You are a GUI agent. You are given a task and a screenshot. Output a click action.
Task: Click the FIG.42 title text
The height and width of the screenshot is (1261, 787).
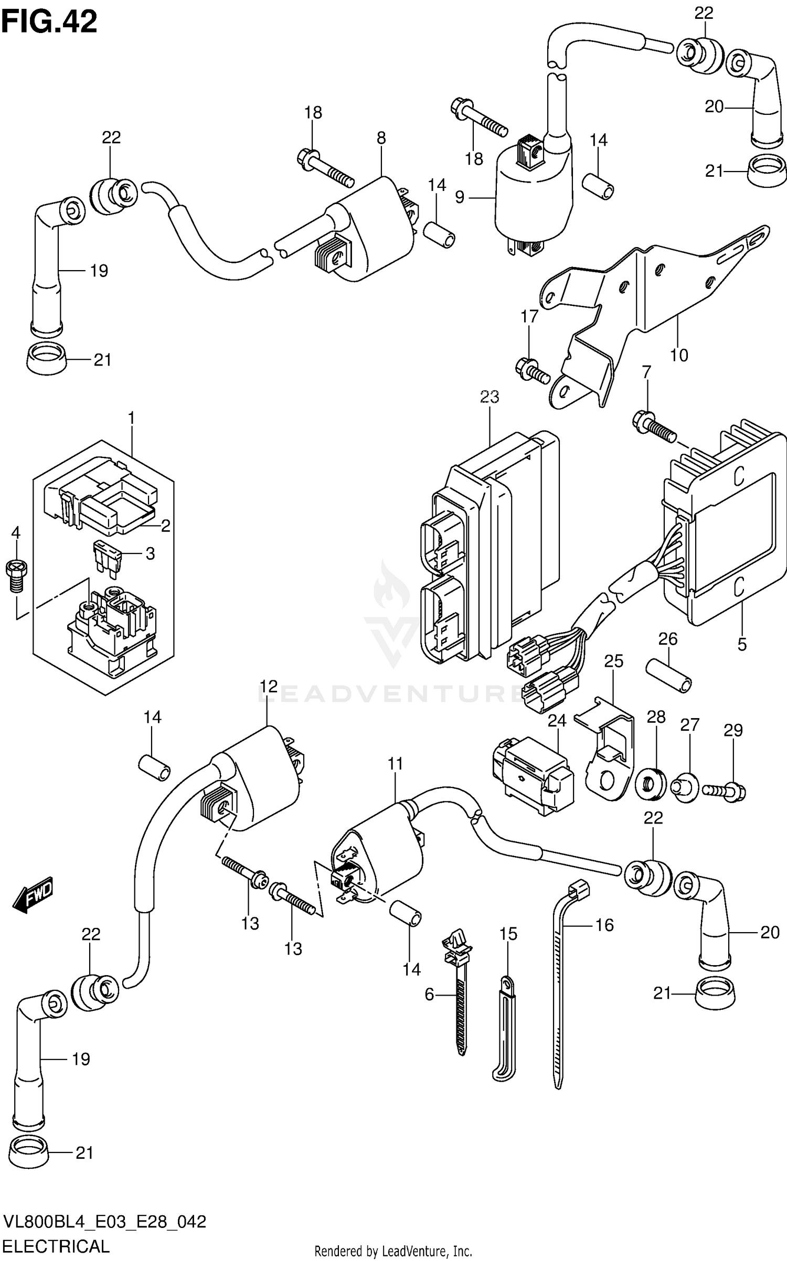[x=49, y=22]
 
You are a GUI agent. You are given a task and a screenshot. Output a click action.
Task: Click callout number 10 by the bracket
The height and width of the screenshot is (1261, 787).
[x=679, y=355]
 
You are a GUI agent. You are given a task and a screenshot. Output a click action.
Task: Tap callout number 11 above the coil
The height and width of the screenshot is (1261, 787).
[x=396, y=764]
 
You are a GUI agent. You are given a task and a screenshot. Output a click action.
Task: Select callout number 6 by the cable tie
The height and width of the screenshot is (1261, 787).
[x=430, y=994]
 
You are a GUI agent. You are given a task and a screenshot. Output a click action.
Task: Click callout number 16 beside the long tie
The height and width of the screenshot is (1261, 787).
[x=604, y=925]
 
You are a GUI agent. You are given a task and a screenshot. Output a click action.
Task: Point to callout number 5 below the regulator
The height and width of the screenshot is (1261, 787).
[x=741, y=644]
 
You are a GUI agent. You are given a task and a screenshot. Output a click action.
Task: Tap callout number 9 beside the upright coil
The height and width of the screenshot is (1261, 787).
[x=460, y=198]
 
